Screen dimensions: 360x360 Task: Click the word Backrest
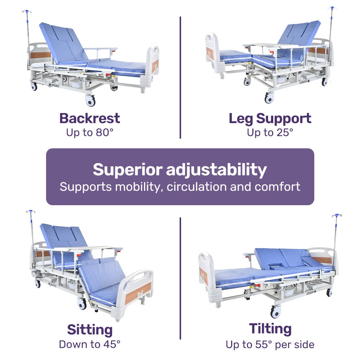[90, 118]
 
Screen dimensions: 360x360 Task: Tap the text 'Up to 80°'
[90, 132]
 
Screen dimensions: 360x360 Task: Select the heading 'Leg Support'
[270, 118]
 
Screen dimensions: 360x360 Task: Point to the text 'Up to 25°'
[270, 132]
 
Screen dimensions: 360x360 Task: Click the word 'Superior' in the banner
[127, 170]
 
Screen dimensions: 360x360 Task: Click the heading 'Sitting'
[90, 330]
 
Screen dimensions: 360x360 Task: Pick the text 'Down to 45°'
[90, 344]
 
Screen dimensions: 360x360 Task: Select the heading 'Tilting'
[270, 329]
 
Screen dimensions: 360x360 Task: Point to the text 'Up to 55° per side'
[270, 345]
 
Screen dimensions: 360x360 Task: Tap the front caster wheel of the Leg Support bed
[269, 98]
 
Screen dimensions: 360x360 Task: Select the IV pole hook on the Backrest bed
[26, 12]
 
